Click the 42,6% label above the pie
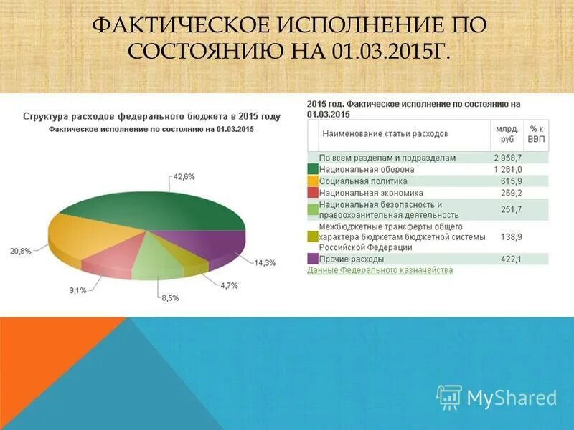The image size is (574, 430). coord(184,176)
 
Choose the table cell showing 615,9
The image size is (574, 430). coord(511,181)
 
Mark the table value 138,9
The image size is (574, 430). coord(511,236)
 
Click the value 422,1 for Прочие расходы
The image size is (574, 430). coord(511,259)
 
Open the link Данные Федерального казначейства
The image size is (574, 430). coord(380,270)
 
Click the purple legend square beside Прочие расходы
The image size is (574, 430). coord(313,259)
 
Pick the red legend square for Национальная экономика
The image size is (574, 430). coord(313,193)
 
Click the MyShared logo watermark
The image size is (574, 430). coord(497,397)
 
